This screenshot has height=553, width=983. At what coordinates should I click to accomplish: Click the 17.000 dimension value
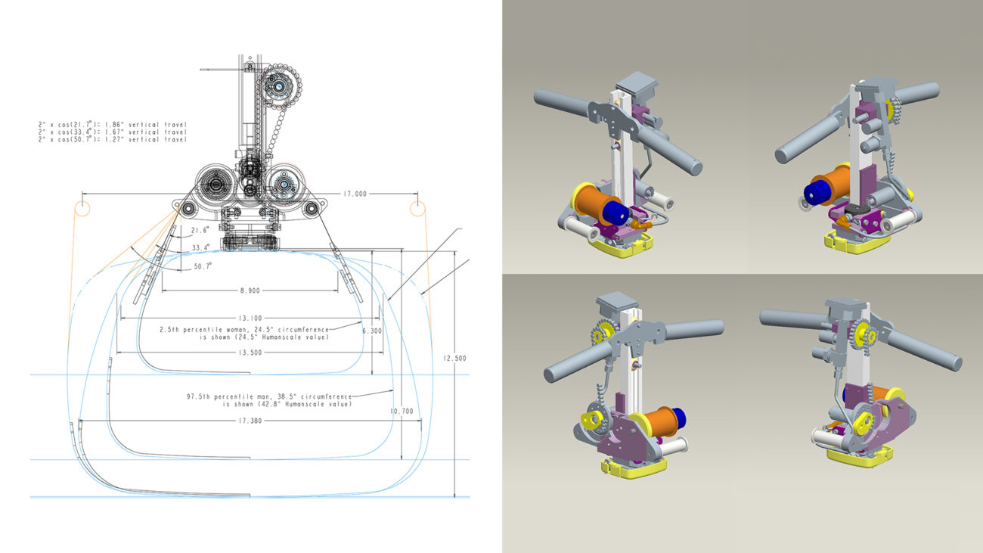(x=355, y=194)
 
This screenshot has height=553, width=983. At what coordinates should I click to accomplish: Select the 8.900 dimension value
(x=250, y=290)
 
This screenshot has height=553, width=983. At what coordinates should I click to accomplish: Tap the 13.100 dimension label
(x=250, y=318)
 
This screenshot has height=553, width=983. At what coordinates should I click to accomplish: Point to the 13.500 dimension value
(x=250, y=353)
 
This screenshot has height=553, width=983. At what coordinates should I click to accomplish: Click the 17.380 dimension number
(x=250, y=421)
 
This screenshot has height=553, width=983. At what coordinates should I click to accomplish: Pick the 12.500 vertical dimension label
(x=454, y=358)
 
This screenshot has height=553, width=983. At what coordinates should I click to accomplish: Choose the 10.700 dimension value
(x=402, y=412)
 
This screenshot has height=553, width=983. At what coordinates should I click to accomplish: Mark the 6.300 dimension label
(x=372, y=331)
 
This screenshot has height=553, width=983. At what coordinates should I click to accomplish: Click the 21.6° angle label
(x=200, y=230)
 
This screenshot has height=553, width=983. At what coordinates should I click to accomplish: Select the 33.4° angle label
(x=200, y=247)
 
